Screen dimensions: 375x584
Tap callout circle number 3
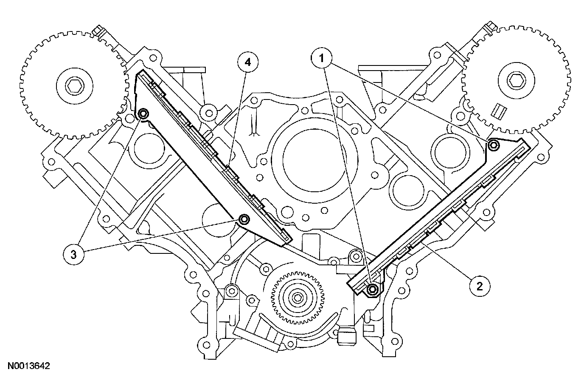point(73,254)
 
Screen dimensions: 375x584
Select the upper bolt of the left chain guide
point(143,114)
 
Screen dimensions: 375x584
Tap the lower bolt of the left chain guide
point(244,219)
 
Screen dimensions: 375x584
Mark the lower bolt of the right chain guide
point(373,290)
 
